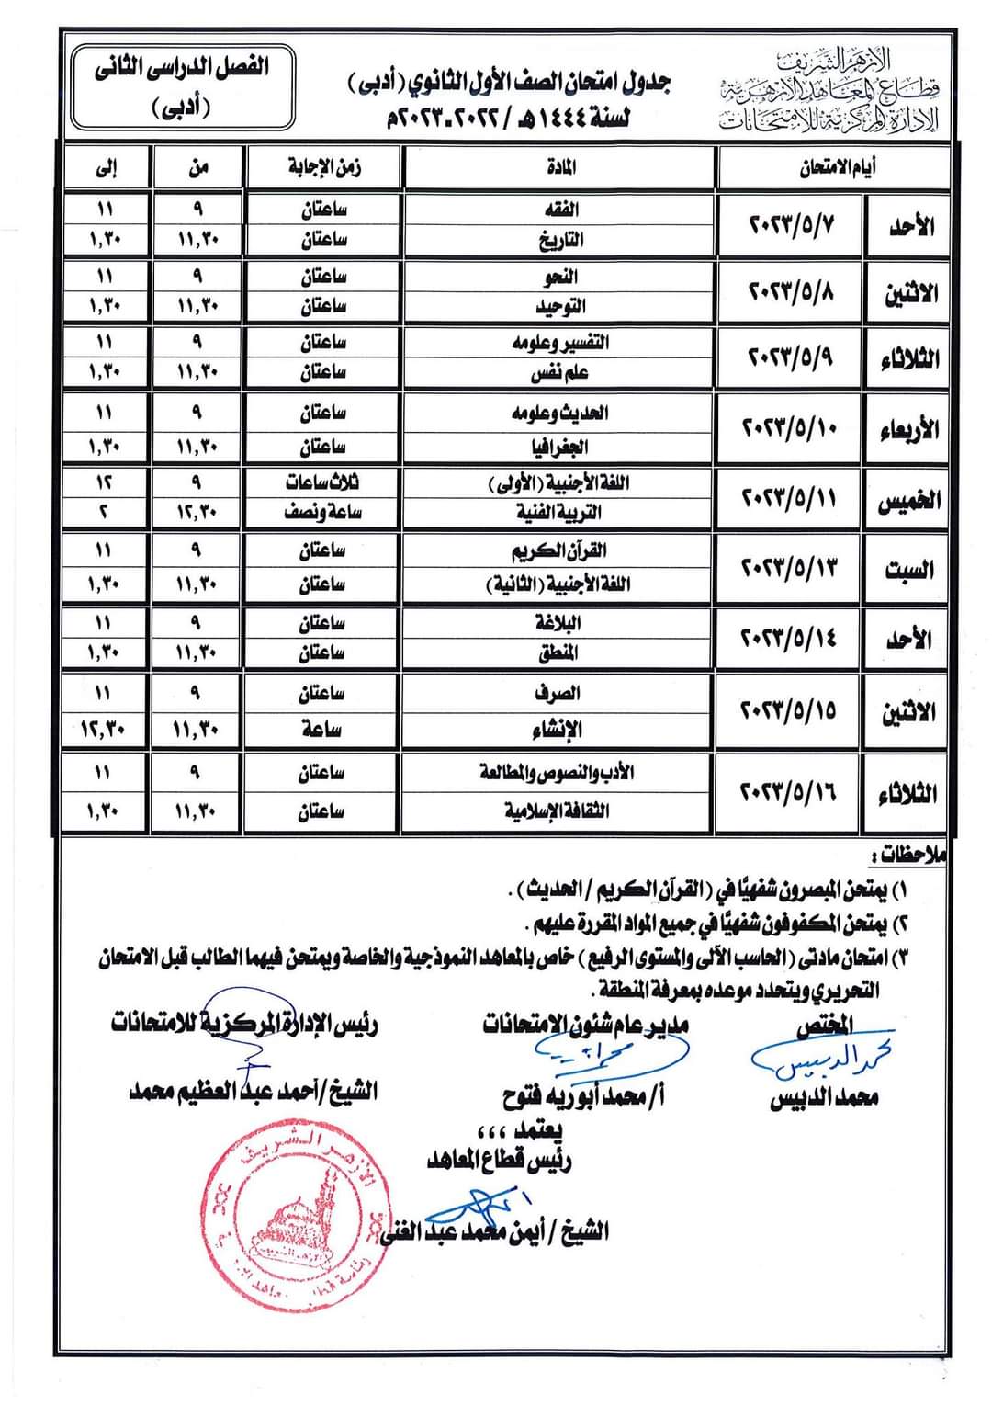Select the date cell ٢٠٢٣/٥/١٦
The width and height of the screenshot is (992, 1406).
pos(789,792)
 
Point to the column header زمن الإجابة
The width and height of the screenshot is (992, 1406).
pos(323,167)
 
